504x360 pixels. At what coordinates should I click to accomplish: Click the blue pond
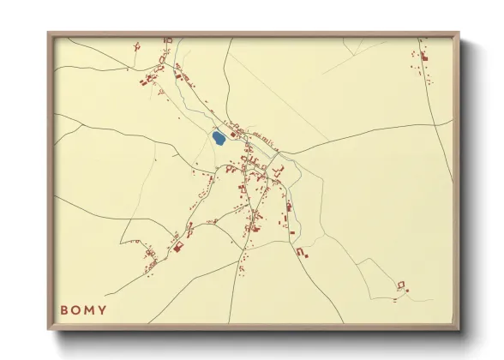[219, 136]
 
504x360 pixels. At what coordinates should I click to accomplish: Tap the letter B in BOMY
[64, 309]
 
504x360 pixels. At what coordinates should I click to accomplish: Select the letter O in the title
[77, 309]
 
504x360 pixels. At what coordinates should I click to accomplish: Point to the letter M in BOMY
[90, 309]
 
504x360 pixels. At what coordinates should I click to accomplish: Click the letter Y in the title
[103, 309]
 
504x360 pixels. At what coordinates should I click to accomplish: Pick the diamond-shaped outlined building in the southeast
[400, 284]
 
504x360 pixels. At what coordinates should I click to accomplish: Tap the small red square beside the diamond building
[408, 291]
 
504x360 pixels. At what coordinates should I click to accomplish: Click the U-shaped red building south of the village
[301, 252]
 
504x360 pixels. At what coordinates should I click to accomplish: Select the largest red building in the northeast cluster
[424, 57]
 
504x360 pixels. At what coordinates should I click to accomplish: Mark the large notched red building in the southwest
[179, 248]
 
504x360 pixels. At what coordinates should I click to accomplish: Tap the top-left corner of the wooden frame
[49, 33]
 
